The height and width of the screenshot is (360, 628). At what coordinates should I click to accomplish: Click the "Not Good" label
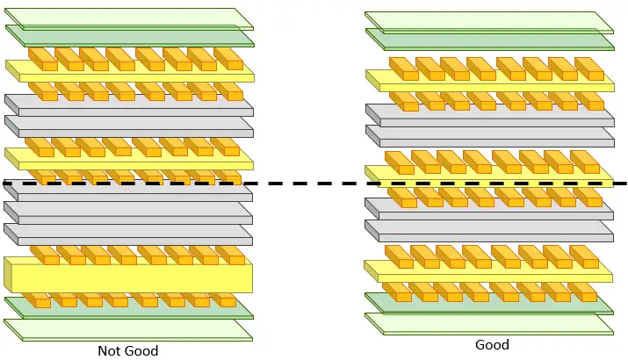tap(128, 350)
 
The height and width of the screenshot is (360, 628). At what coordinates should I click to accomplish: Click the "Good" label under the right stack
tap(492, 345)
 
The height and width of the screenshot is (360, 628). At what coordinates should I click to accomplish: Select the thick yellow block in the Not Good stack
tap(132, 277)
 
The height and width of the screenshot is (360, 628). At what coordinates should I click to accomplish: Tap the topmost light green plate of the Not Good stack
tap(128, 17)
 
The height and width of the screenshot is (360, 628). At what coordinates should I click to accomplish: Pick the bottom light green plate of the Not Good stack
tap(128, 329)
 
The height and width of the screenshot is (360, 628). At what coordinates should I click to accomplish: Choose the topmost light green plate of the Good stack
tap(488, 20)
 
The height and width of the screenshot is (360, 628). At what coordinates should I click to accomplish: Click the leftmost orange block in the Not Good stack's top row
tap(42, 58)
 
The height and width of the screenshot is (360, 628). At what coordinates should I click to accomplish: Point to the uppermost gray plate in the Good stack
tap(488, 113)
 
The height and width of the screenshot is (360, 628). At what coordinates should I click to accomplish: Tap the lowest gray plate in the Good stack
tap(488, 231)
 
